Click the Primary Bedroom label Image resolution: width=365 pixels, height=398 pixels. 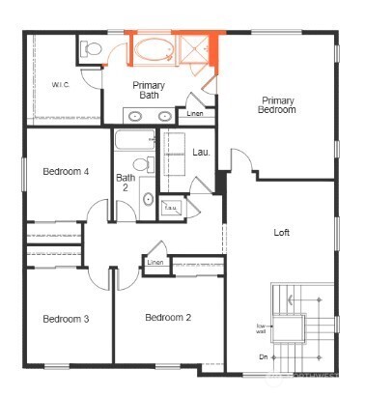click(x=277, y=105)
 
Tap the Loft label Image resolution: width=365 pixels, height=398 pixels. click(x=282, y=233)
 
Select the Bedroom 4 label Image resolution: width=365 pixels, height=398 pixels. click(x=67, y=171)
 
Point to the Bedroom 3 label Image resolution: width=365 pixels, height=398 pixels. click(x=67, y=319)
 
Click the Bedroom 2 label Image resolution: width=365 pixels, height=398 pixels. click(x=168, y=318)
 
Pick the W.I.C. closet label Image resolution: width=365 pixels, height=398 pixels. click(x=59, y=86)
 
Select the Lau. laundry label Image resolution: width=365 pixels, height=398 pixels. click(x=201, y=152)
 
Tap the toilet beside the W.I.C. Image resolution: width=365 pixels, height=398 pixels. click(x=92, y=49)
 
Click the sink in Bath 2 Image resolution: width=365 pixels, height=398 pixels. click(x=148, y=200)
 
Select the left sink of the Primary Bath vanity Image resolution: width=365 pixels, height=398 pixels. click(x=137, y=116)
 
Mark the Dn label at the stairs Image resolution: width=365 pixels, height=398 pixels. click(x=263, y=357)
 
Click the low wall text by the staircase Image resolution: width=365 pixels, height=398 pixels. click(x=262, y=327)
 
